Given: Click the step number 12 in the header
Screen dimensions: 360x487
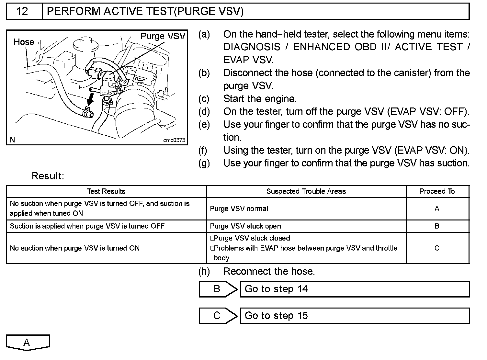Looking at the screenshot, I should [x=22, y=11].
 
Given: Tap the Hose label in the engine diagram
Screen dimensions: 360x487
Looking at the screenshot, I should [x=24, y=42].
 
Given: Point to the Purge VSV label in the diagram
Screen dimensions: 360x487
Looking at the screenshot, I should [x=163, y=36].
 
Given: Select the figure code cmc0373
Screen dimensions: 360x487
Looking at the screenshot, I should [x=174, y=140].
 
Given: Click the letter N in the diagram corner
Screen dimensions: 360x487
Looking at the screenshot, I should [x=12, y=140].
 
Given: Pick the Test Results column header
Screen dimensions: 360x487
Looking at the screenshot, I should [x=106, y=191].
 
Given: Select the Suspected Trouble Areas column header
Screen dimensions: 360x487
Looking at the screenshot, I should [x=306, y=191].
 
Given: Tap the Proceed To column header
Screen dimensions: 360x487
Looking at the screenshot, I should [x=437, y=191].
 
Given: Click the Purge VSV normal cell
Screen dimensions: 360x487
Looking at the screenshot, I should [x=239, y=209].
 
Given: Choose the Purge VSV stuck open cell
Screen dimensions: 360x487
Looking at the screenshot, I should [x=245, y=226].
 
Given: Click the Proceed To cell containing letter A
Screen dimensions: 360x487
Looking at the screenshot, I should [x=437, y=209].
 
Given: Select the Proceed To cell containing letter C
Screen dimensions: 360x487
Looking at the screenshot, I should [x=437, y=248].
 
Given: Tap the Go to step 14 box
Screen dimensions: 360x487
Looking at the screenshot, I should [x=354, y=289].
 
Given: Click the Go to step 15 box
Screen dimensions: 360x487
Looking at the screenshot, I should [x=354, y=316].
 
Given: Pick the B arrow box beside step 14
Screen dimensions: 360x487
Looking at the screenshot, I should [x=218, y=289].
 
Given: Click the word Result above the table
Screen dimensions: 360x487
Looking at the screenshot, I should [x=48, y=176].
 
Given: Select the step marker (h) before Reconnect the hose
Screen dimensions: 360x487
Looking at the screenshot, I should [x=204, y=271].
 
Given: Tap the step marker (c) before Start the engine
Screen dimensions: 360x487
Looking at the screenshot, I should [x=204, y=99].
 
